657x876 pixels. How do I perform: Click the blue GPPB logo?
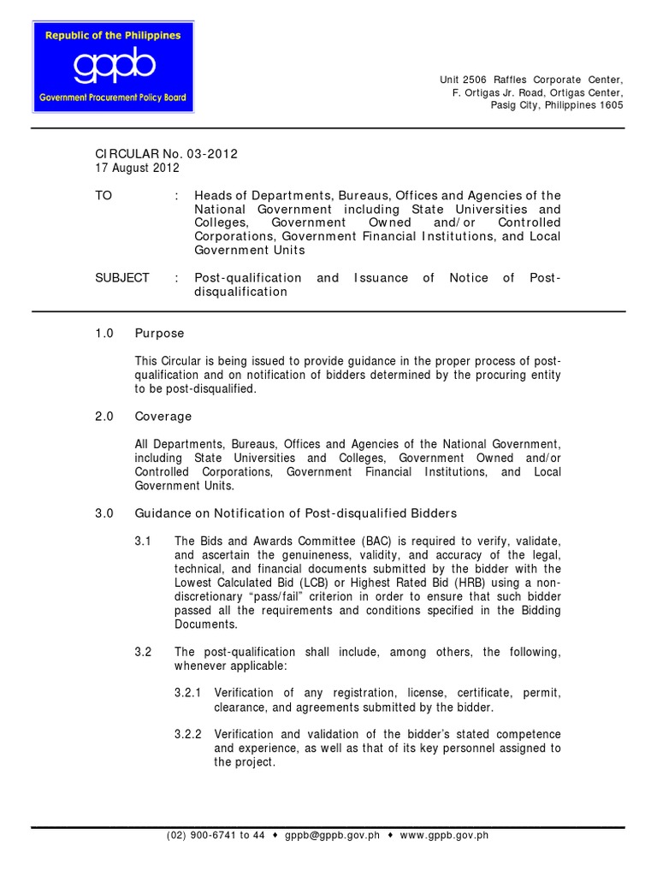113,68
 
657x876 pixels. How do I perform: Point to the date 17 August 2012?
137,168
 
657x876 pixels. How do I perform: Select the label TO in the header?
104,196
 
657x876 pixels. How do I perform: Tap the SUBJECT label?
121,278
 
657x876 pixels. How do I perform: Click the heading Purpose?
159,333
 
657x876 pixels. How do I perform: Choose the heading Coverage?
163,417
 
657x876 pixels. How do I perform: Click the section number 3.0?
104,513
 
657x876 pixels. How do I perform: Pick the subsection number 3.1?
143,542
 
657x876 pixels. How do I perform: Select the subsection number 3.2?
143,652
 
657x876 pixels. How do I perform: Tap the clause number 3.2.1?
188,693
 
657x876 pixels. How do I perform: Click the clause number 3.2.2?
188,735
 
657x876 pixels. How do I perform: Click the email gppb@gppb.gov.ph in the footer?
332,835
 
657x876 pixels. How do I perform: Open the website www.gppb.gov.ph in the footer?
444,835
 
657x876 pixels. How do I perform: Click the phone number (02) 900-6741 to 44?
216,835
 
